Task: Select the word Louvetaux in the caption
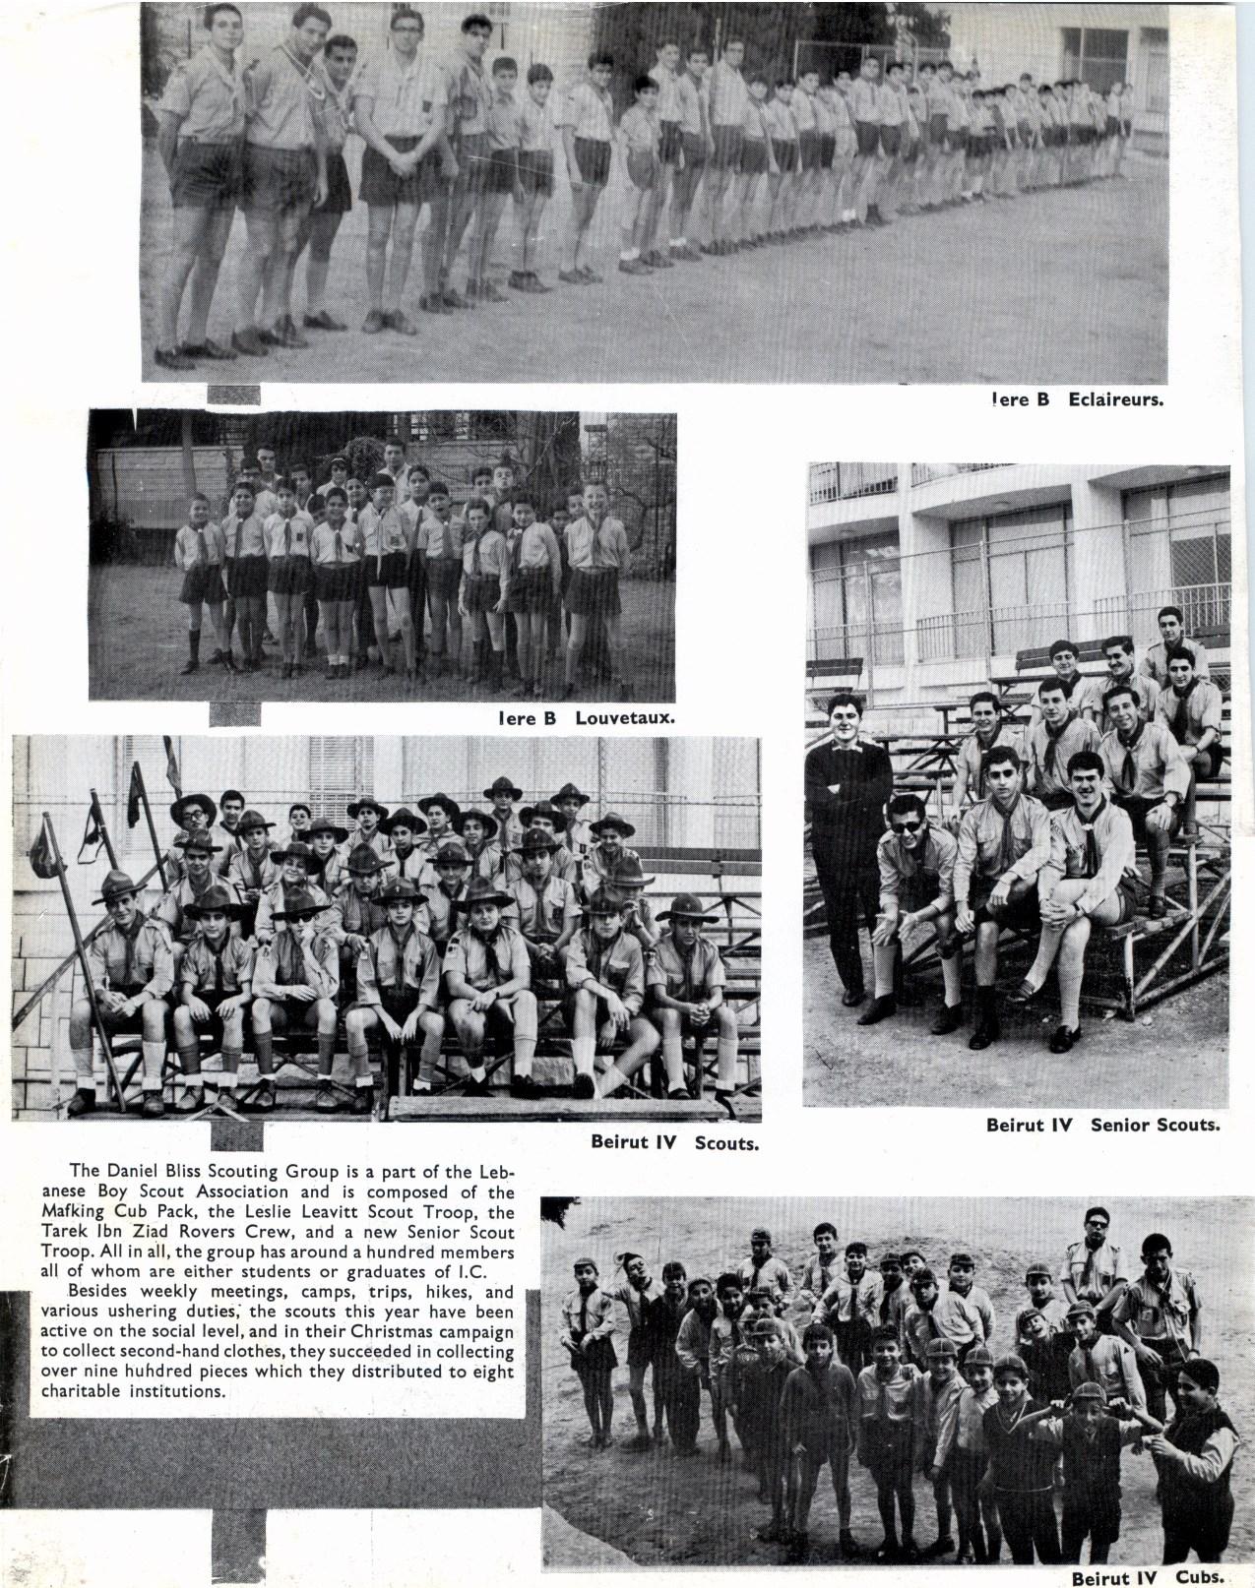click(x=625, y=718)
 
